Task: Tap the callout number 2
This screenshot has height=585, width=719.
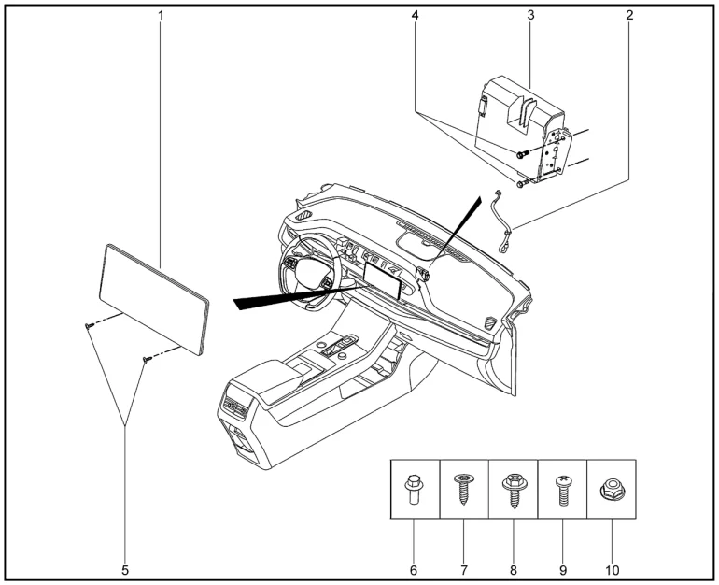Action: coord(629,16)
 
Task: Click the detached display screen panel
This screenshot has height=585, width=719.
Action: coord(154,298)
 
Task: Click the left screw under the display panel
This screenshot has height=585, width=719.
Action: coord(87,325)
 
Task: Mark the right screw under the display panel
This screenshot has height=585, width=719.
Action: coord(146,358)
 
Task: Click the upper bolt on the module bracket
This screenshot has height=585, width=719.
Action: coord(522,152)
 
